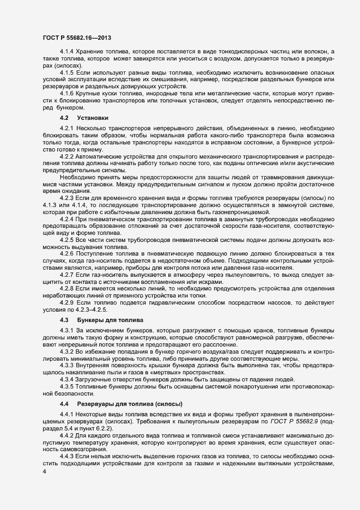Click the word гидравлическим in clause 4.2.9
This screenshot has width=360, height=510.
point(158,302)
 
